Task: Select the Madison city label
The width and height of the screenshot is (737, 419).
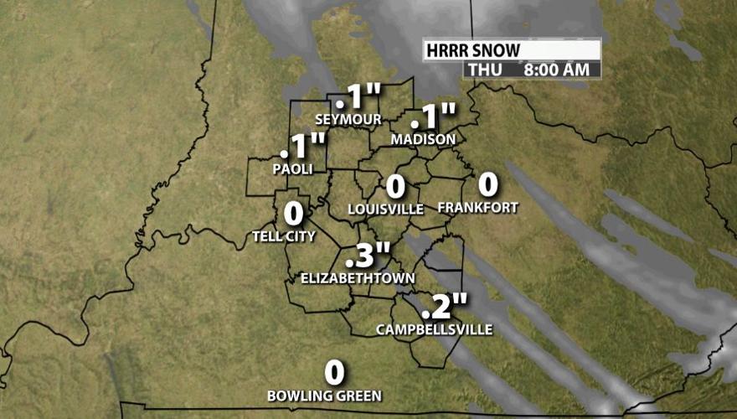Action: tap(423, 139)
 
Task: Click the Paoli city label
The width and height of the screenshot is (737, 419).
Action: tap(292, 168)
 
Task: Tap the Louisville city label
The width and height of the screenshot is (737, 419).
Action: tap(385, 209)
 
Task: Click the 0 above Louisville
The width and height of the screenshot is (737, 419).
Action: tap(395, 186)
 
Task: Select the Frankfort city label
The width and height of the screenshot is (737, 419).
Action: tap(478, 208)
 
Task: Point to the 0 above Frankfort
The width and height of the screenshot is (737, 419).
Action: tap(487, 184)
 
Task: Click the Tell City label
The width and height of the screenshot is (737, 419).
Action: tap(284, 236)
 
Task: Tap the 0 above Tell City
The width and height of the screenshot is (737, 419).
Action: tap(293, 214)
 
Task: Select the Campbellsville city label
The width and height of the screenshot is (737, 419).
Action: tap(435, 329)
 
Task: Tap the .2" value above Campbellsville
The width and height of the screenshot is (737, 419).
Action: tap(444, 307)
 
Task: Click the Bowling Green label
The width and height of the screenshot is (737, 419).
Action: tap(324, 396)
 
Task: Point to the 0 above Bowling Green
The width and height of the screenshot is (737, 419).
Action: tap(334, 372)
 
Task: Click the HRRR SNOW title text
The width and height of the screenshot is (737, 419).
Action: tap(472, 50)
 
